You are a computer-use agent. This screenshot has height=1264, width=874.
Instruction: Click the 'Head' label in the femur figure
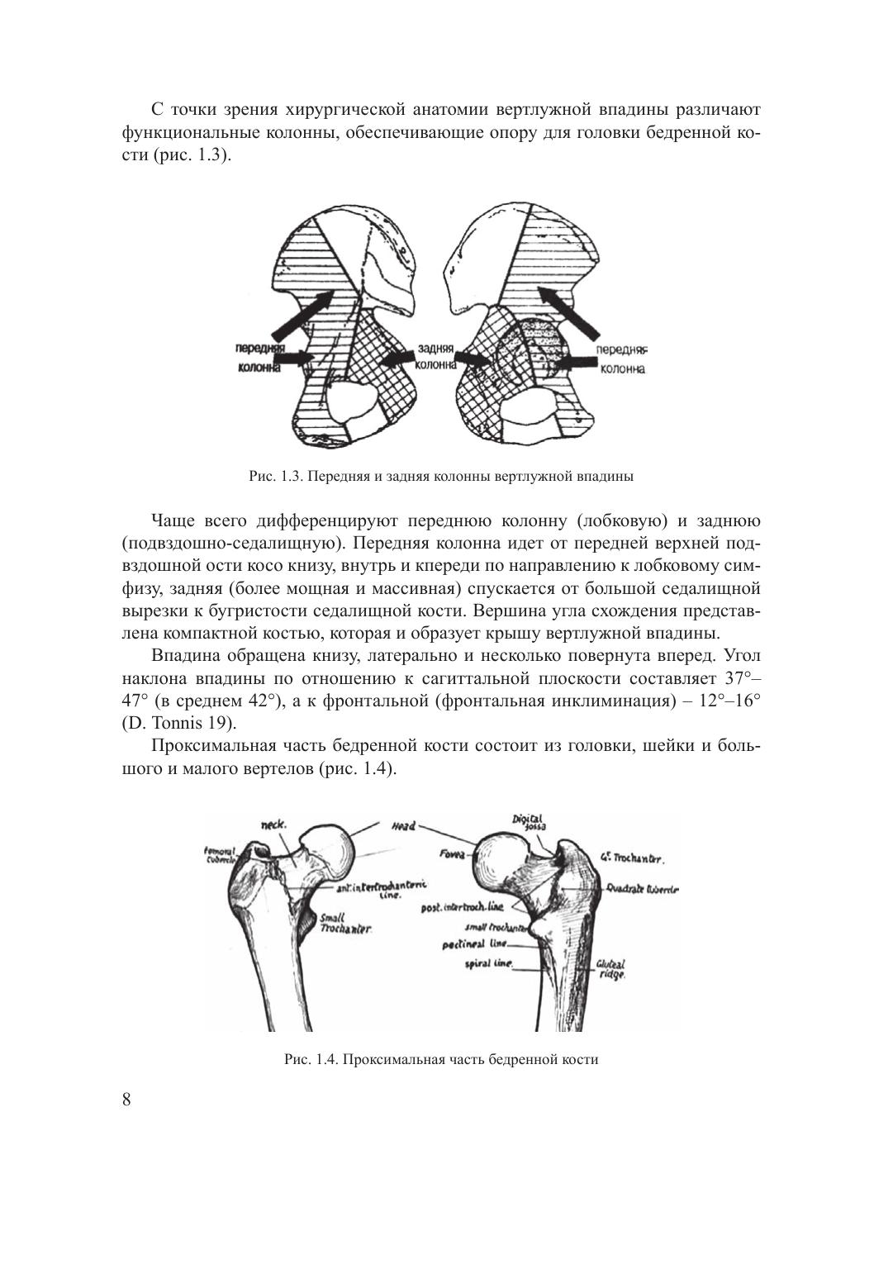pos(403,825)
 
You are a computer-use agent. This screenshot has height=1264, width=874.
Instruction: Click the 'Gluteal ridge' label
pos(612,969)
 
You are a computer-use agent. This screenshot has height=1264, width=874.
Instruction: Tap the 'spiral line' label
pos(490,963)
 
